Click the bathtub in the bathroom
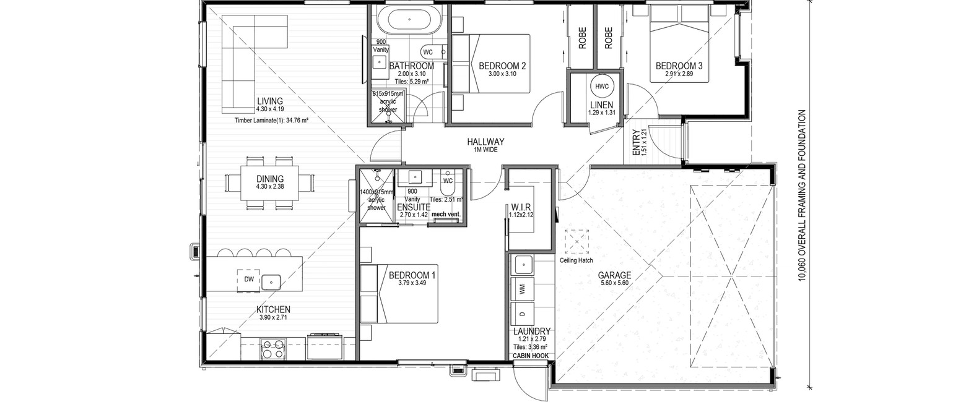tap(409, 20)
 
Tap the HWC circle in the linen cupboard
tap(602, 86)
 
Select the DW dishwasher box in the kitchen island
tap(249, 279)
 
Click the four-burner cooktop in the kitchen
tap(273, 349)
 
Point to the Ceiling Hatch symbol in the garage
tap(577, 242)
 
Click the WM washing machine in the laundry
tap(522, 289)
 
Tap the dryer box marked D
tap(522, 314)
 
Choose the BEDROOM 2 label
tap(502, 66)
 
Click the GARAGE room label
tap(614, 275)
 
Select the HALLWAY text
tap(485, 142)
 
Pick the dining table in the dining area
tap(269, 183)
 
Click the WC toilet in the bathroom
tap(434, 52)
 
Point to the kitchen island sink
tap(271, 282)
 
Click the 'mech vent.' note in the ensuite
tap(446, 214)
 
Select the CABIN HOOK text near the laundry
tap(531, 356)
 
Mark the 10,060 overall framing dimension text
tap(802, 195)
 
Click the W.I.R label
tap(521, 208)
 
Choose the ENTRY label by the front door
tap(636, 143)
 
